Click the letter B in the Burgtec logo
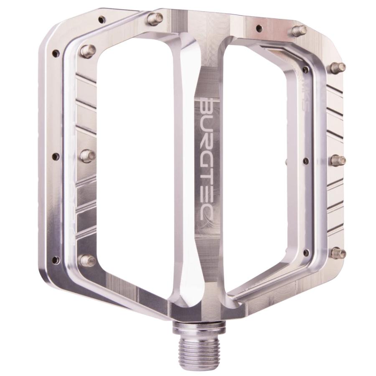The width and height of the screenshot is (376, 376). (205, 106)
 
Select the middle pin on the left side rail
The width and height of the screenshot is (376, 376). (87, 155)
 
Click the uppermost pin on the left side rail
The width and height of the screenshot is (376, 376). (87, 51)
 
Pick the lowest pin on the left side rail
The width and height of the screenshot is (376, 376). (87, 260)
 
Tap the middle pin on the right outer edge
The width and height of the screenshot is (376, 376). (338, 160)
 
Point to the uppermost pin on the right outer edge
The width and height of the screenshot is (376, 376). (338, 67)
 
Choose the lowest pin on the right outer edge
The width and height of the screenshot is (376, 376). (338, 253)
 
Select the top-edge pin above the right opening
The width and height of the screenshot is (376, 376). (299, 30)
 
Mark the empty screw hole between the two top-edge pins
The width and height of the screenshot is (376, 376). (259, 28)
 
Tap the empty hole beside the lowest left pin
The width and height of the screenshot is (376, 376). (56, 260)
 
